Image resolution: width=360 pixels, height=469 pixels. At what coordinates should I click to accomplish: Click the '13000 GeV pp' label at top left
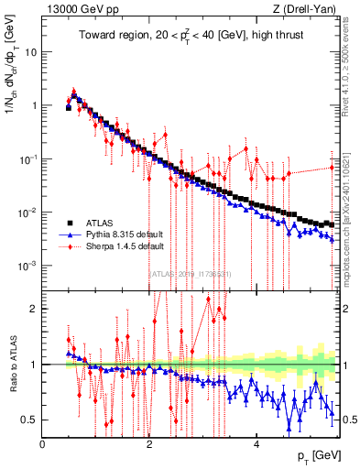coord(78,8)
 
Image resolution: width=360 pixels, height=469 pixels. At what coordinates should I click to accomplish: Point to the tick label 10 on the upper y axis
coord(30,51)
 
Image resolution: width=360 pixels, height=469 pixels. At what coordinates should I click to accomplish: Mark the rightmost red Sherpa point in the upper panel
coord(333,166)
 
